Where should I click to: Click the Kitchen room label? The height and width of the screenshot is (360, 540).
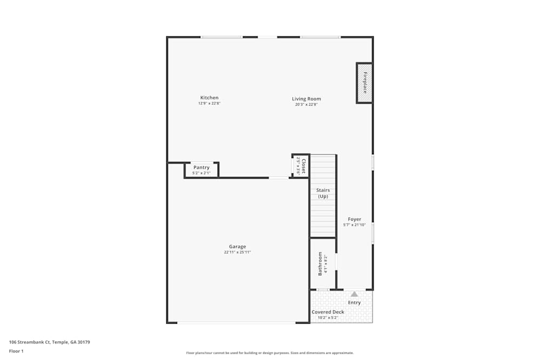click(x=209, y=98)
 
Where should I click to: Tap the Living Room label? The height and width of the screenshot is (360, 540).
click(x=306, y=99)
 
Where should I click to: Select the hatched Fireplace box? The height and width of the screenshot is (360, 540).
click(x=364, y=83)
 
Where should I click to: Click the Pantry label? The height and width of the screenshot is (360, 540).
click(x=201, y=167)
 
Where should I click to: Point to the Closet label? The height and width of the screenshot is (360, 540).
click(x=304, y=166)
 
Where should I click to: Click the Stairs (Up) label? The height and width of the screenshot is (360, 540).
click(x=323, y=193)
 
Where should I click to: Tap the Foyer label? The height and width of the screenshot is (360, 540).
click(x=354, y=219)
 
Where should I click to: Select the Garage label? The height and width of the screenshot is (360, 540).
click(x=237, y=247)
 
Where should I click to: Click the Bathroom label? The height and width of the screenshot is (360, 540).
click(x=320, y=263)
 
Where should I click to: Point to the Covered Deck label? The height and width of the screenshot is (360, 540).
click(x=328, y=312)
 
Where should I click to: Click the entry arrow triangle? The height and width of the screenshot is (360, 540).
click(x=354, y=294)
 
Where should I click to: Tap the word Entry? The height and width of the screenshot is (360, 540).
click(x=354, y=303)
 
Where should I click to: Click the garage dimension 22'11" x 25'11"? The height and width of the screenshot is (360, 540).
click(x=238, y=252)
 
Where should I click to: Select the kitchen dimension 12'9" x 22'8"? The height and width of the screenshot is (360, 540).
click(x=209, y=103)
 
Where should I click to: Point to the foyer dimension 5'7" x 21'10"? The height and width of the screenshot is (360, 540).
click(x=354, y=225)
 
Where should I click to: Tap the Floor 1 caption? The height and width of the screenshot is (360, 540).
click(x=16, y=351)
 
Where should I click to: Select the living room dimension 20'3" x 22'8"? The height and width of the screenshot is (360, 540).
click(x=306, y=104)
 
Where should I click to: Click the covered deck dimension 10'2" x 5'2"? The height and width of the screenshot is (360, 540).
click(x=328, y=317)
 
